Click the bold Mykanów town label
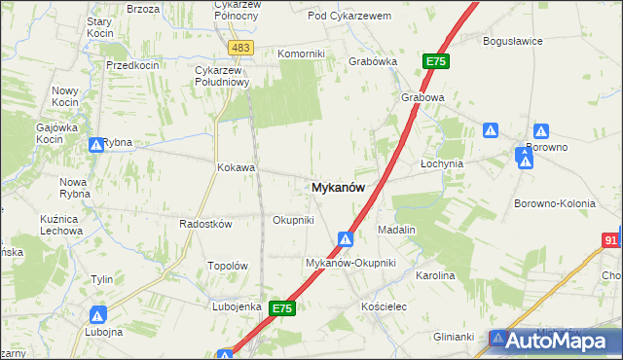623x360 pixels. click(x=339, y=190)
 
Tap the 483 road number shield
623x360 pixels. click(x=240, y=47)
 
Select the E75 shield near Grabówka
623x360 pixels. click(x=435, y=61)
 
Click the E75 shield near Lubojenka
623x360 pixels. click(x=282, y=308)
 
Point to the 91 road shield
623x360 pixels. click(x=611, y=239)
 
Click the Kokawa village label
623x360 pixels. click(x=236, y=167)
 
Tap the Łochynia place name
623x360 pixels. click(x=441, y=164)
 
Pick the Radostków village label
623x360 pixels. click(x=205, y=224)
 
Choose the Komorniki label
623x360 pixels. click(x=300, y=54)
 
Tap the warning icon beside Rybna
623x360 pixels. click(x=96, y=146)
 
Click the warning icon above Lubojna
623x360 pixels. click(x=98, y=315)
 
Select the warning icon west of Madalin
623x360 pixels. click(x=346, y=238)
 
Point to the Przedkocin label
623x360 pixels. click(x=132, y=64)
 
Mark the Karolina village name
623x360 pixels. click(x=435, y=276)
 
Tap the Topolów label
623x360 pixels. click(x=230, y=267)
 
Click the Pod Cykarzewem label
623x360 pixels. click(x=348, y=17)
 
